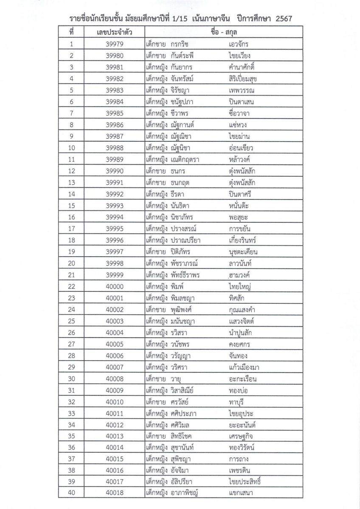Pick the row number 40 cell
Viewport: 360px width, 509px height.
(71, 493)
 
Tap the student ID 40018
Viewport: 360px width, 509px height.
(115, 493)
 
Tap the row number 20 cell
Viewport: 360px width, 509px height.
(71, 263)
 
